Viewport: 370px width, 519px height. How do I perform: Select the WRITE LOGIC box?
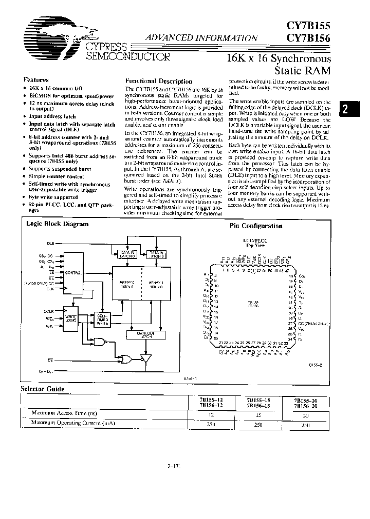pyautogui.click(x=71, y=319)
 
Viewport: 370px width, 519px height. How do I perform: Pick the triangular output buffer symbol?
pyautogui.click(x=144, y=358)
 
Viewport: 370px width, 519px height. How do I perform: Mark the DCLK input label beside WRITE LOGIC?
pyautogui.click(x=49, y=311)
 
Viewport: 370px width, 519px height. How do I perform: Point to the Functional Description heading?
pyautogui.click(x=159, y=81)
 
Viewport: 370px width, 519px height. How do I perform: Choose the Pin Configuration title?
pyautogui.click(x=255, y=226)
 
